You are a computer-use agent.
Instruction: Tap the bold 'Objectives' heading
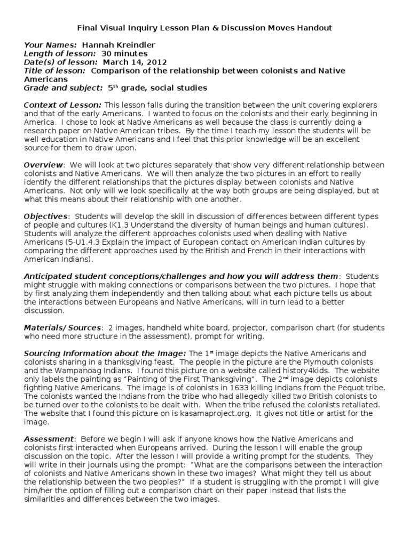tap(46, 216)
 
